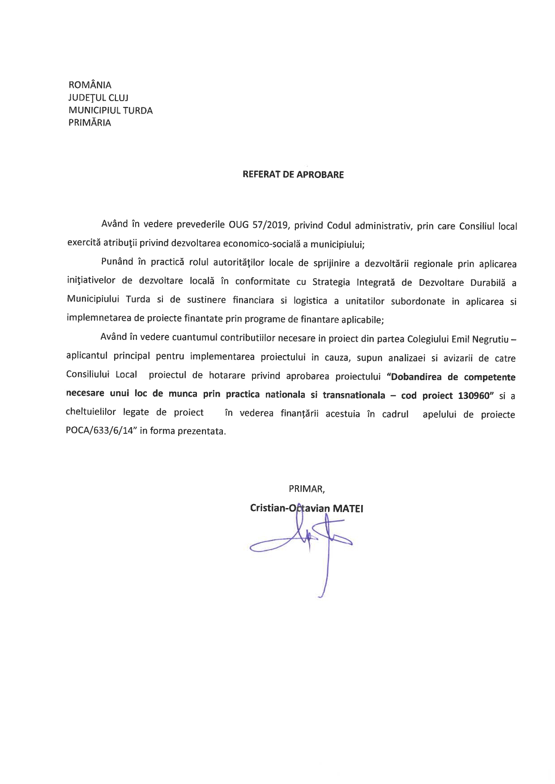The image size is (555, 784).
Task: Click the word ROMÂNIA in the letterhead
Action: [x=90, y=85]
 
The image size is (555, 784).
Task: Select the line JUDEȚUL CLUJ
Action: [x=98, y=97]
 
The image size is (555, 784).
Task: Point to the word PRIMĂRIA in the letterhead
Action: [x=90, y=123]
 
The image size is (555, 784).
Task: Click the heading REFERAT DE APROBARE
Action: [x=293, y=175]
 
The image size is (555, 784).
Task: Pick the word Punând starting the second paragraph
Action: [x=117, y=262]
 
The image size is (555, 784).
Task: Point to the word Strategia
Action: [x=331, y=282]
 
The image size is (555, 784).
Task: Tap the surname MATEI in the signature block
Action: [x=348, y=509]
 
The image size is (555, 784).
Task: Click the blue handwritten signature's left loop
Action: [x=264, y=547]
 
